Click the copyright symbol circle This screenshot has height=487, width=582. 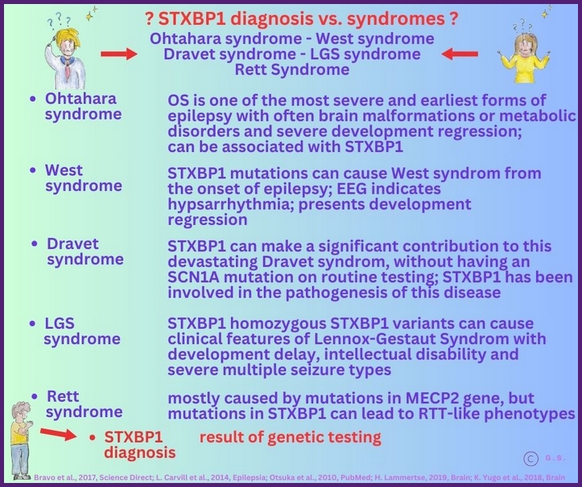click(530, 458)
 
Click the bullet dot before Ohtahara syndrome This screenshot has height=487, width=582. click(31, 99)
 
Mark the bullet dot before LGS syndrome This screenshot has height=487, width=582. click(31, 324)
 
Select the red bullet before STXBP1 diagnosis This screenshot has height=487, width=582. click(93, 437)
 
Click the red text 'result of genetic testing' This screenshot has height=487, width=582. click(290, 437)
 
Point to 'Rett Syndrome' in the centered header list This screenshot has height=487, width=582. click(291, 70)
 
